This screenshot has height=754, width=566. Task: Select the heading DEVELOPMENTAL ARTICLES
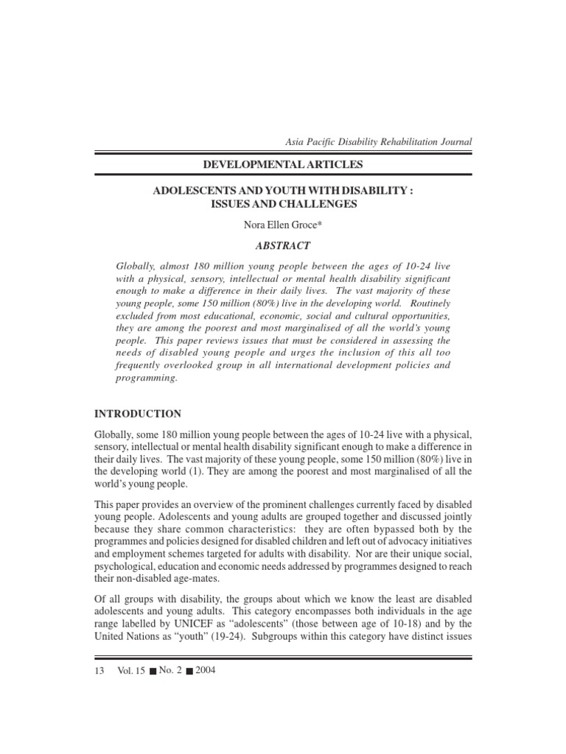(x=283, y=163)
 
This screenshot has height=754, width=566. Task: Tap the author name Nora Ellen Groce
(x=283, y=225)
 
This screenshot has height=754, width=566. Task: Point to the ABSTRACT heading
(x=284, y=246)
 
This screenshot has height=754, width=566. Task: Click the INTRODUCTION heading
(x=138, y=414)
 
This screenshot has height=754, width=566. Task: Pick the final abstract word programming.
(x=147, y=378)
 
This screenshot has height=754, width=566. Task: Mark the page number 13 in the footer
(x=100, y=670)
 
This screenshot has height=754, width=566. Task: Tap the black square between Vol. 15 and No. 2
(x=152, y=671)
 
